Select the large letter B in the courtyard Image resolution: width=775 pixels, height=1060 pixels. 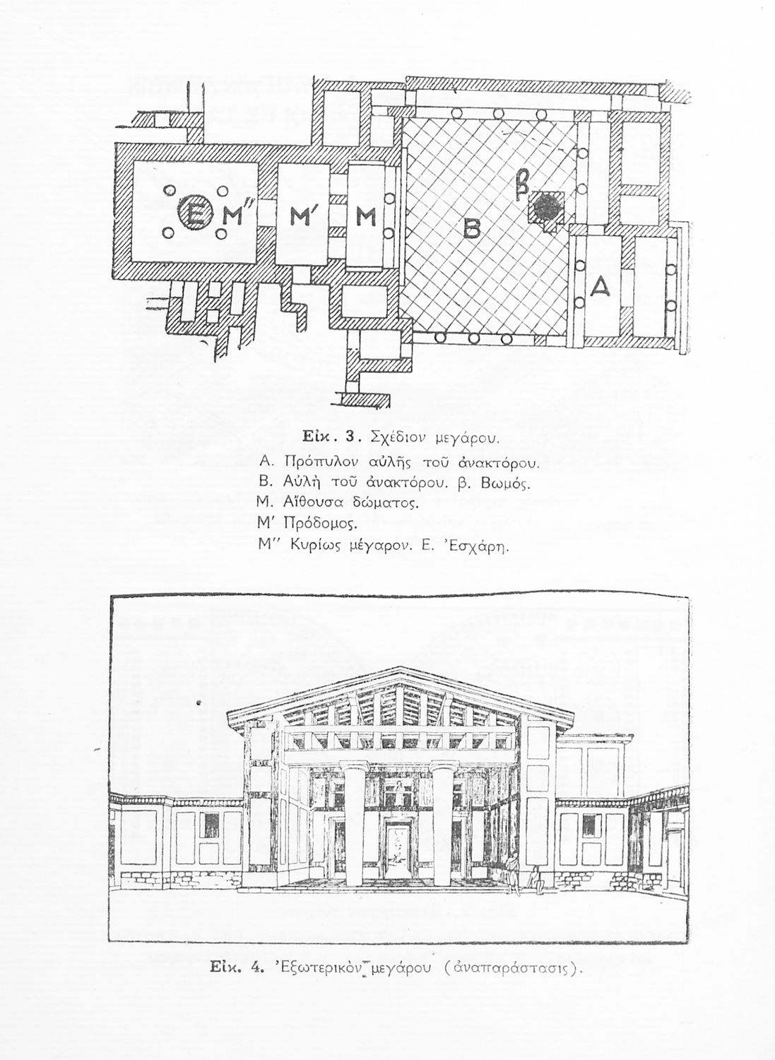tap(471, 228)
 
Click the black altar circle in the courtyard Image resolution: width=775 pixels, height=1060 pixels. tap(548, 208)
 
